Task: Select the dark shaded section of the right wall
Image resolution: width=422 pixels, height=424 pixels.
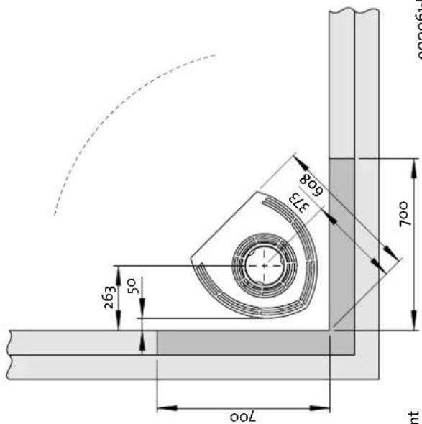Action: [342, 244]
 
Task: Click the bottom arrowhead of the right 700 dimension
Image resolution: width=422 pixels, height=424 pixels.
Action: [414, 325]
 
